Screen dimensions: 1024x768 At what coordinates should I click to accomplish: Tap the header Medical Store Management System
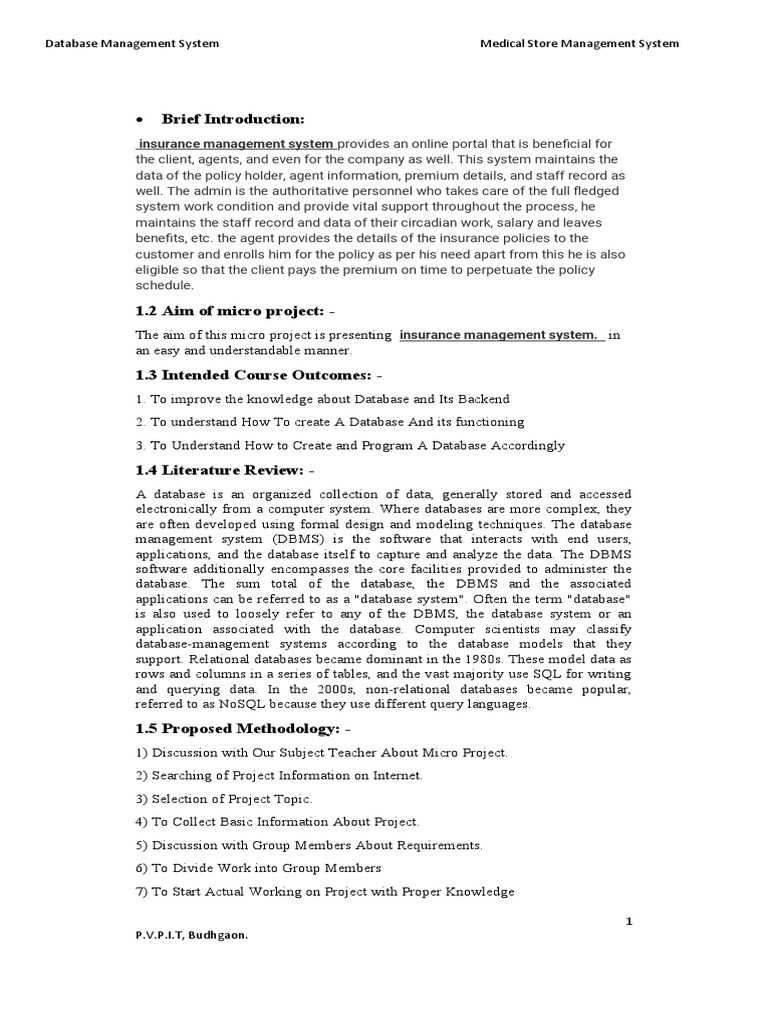point(579,43)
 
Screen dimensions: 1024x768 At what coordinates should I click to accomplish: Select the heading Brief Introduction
point(233,120)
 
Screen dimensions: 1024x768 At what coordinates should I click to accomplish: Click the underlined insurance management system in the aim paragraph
point(500,335)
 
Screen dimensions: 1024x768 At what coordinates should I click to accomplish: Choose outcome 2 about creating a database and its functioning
point(330,422)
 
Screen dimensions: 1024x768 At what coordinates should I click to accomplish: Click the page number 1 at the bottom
point(629,921)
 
